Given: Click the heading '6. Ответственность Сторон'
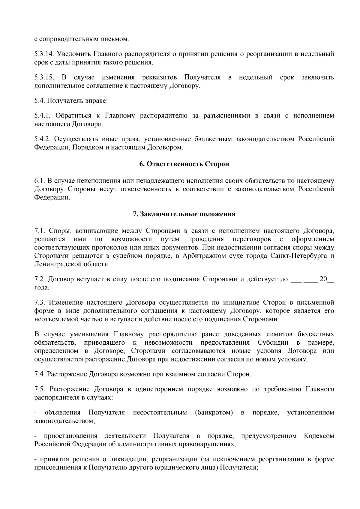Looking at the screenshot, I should (184, 164).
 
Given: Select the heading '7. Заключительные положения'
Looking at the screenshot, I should (184, 214).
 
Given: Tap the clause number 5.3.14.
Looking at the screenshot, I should (44, 54).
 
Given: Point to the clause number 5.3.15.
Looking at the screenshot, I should (44, 78).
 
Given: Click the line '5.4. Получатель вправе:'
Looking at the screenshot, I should (71, 101).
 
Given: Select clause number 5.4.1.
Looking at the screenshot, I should (42, 116).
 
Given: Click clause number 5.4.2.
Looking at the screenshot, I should (42, 139).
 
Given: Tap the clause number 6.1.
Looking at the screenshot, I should (39, 181).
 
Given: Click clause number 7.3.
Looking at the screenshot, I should (39, 302).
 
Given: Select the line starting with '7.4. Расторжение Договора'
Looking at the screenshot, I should (143, 374).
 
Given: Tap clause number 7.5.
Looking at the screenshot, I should (39, 389).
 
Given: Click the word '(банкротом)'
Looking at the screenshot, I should (214, 413).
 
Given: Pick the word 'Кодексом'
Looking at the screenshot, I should (319, 436).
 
